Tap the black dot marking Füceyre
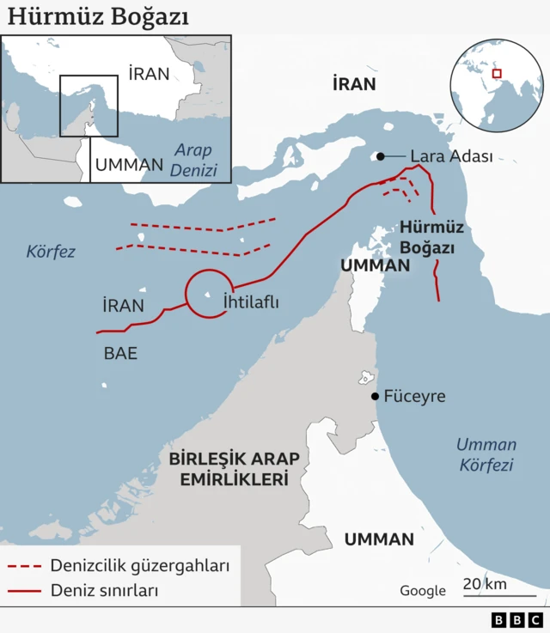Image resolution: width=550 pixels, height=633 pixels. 375,396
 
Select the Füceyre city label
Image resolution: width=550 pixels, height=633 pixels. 414,396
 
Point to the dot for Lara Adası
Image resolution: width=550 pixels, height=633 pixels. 378,156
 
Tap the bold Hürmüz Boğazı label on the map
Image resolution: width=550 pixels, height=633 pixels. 431,238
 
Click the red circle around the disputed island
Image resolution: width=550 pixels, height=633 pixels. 209,293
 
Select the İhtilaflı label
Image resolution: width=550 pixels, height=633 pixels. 251,302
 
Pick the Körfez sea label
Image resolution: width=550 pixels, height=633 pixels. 51,252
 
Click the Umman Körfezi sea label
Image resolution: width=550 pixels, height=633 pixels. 486,454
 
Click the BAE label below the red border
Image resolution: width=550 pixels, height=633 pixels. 120,353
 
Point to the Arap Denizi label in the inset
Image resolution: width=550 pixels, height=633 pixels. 193,161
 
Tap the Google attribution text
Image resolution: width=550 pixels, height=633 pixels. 423,591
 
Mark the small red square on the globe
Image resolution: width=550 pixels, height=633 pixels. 496,74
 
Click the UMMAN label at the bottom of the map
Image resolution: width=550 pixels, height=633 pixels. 379,539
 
